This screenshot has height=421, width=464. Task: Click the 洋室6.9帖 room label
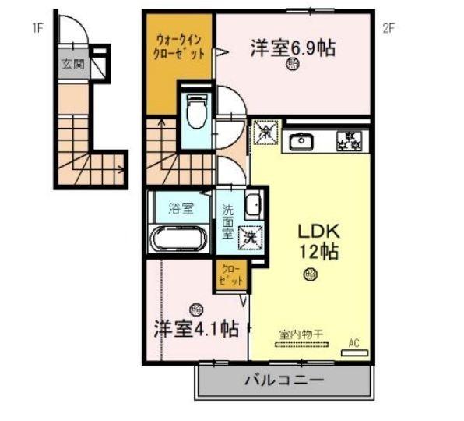coord(293,48)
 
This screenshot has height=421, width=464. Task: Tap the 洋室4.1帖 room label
coord(195,328)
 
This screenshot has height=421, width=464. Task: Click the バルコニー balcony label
coord(283,381)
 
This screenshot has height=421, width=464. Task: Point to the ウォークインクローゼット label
coord(180,47)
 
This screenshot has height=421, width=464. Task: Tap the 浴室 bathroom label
coord(179,208)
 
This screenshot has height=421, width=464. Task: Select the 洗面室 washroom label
coord(228,221)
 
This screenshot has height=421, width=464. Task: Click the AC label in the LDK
coord(354,342)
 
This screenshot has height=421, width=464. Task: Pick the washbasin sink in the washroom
coord(252,204)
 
